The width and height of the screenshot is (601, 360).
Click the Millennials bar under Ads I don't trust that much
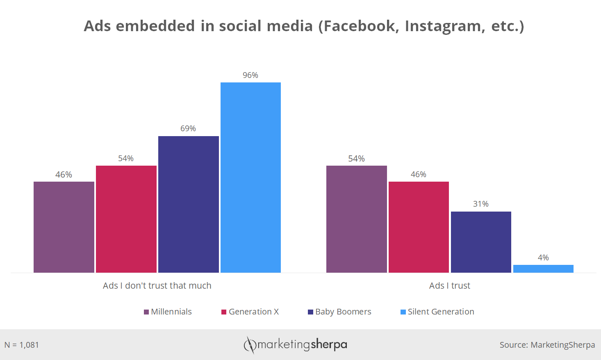pos(64,227)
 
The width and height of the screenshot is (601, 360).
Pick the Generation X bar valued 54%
pos(126,219)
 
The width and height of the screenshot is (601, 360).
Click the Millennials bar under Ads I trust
pos(356,219)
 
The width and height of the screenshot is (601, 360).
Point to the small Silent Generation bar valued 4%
pos(543,269)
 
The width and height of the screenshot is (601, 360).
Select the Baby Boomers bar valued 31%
pos(481,242)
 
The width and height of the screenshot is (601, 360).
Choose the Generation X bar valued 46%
pos(419,227)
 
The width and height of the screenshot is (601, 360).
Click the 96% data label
pos(250,75)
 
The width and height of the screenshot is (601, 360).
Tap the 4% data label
pos(543,257)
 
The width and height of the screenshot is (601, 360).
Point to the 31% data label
pos(481,204)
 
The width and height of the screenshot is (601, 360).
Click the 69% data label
pos(188,128)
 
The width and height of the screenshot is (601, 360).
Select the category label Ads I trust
pos(450,285)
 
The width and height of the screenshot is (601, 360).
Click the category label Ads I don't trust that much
pos(157,285)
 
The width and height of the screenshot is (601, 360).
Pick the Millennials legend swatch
pos(146,312)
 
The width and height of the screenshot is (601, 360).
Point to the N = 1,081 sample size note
pos(22,345)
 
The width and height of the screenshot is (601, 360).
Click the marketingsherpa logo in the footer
pos(295,344)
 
